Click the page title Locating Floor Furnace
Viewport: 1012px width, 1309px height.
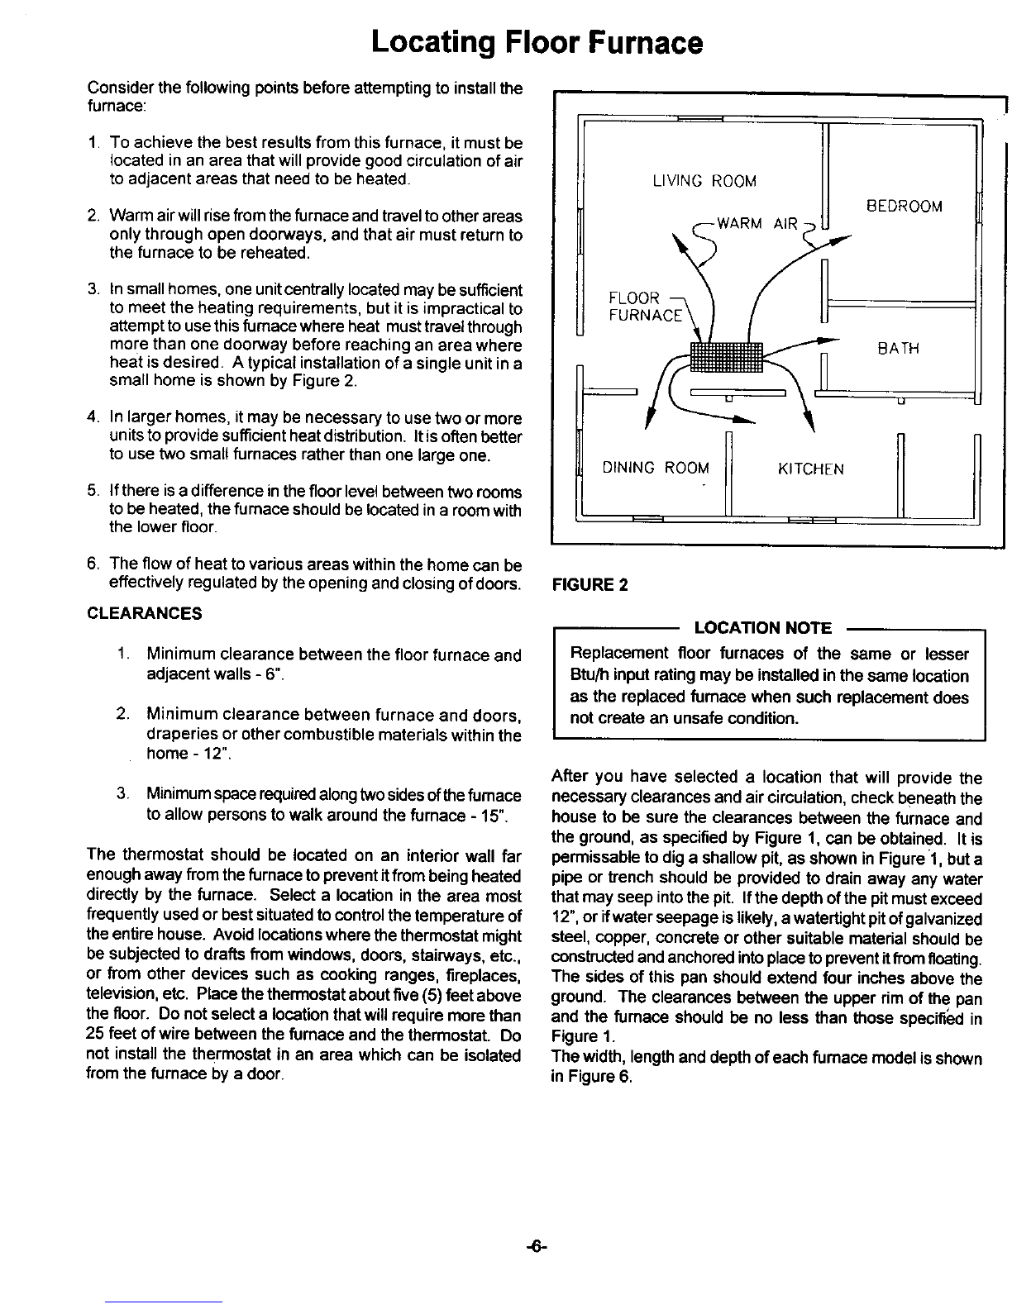[537, 42]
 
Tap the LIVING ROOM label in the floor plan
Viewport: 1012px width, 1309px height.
[704, 181]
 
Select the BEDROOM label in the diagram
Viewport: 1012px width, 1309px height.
[904, 206]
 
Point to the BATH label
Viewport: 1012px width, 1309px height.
[899, 349]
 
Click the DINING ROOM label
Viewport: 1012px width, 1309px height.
[656, 469]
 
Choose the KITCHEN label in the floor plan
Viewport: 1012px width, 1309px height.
[810, 469]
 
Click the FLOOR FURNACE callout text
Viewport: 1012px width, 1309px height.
[646, 306]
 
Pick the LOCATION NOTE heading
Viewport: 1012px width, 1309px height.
[762, 628]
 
